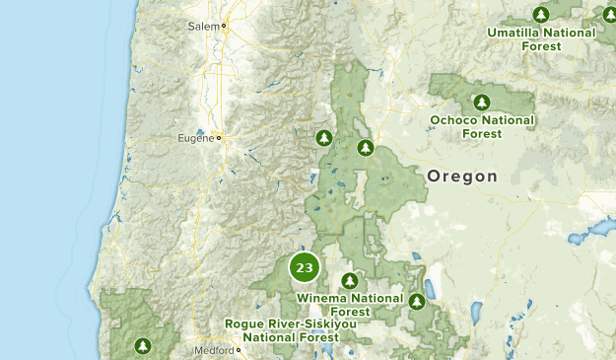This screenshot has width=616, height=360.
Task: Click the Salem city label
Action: coord(204,26)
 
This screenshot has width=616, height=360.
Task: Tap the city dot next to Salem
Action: coord(224,26)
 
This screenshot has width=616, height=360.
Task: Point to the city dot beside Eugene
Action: coord(219,139)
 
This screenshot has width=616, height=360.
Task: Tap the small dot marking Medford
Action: coord(239,350)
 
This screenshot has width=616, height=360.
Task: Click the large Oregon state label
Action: coord(462,177)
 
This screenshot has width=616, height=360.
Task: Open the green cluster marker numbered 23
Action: coord(305,267)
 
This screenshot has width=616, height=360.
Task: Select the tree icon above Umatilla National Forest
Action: coord(540,15)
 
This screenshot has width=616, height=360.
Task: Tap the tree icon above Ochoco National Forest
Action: coord(481,102)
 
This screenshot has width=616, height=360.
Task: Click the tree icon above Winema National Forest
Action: coord(349,281)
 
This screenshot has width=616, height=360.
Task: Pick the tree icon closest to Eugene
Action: coord(323,137)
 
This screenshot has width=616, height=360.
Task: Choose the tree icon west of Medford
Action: coord(143,345)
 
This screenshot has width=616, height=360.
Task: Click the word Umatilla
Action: coord(514,33)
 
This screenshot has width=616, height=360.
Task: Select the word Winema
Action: coord(321,298)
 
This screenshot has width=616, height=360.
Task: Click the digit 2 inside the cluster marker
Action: coord(301,267)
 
